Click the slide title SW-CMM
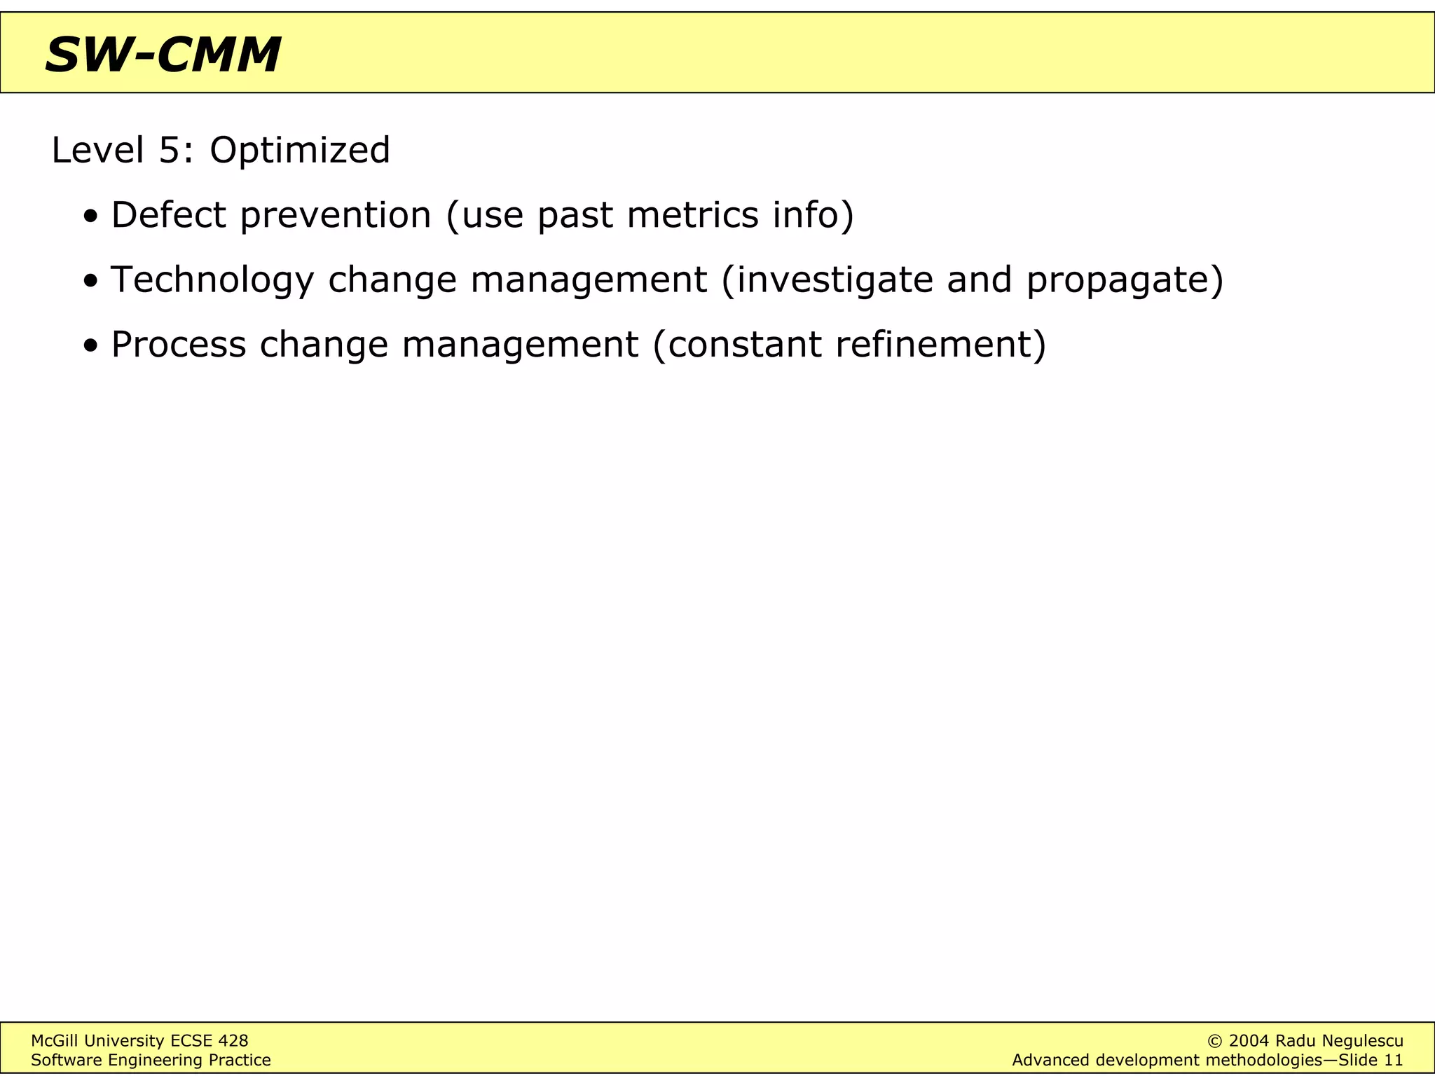pos(163,55)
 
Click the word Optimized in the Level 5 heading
pos(300,151)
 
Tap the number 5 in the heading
pos(170,151)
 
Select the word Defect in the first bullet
pos(168,214)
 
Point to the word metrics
pos(692,214)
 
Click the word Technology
pos(212,280)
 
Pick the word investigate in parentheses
pos(834,280)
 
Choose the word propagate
pos(1118,280)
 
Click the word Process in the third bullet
pos(179,345)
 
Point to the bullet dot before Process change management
pos(90,346)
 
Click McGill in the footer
pos(54,1041)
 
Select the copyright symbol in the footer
pos(1216,1041)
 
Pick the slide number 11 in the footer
pos(1393,1060)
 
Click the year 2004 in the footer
pos(1249,1041)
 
